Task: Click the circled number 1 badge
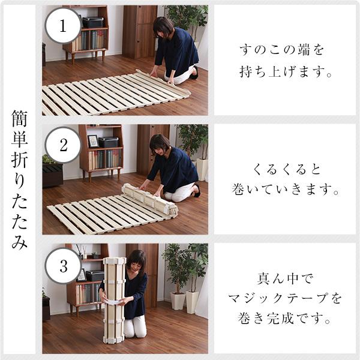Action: click(63, 25)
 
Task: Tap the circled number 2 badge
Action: click(63, 145)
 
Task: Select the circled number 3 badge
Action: click(63, 264)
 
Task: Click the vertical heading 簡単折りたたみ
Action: click(19, 180)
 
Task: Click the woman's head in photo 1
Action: click(163, 27)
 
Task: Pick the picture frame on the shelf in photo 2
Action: click(93, 141)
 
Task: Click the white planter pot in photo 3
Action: click(177, 301)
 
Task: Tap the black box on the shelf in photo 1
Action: click(92, 22)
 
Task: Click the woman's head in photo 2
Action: click(160, 143)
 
